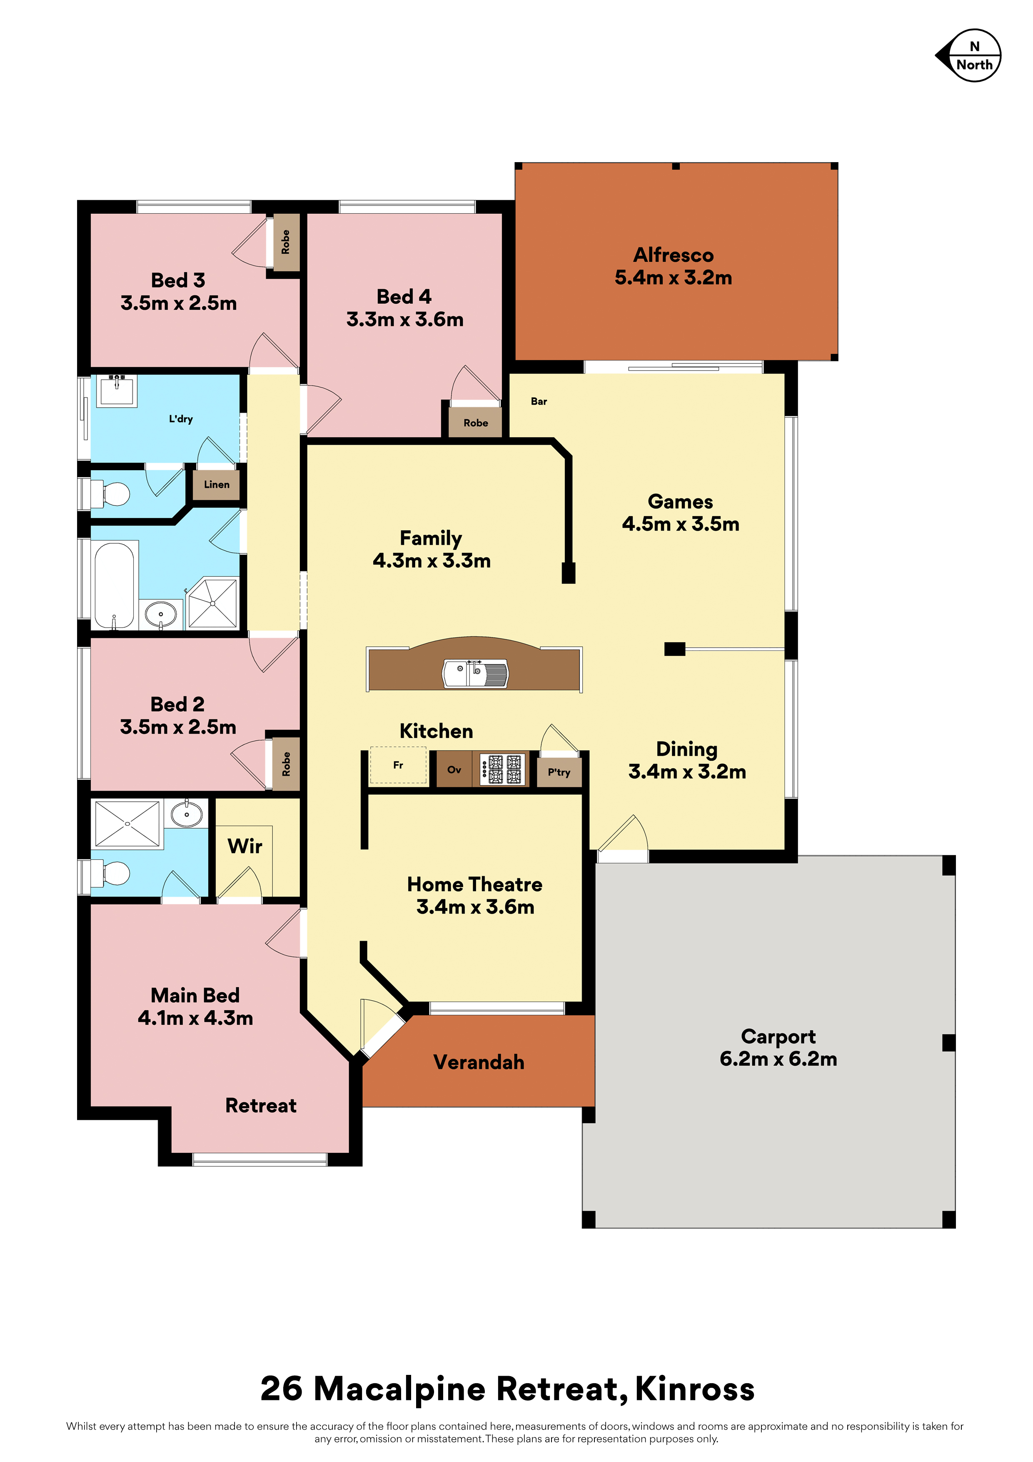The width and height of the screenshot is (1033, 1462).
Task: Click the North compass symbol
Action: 969,55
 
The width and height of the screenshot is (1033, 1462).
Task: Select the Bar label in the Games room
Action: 539,401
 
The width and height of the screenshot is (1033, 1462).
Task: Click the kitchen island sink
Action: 475,673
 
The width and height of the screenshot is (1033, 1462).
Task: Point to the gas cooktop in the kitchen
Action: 503,769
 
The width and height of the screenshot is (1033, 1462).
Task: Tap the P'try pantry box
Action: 559,772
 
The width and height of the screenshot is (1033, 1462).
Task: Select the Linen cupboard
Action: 217,485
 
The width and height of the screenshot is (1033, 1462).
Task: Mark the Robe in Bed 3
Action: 286,242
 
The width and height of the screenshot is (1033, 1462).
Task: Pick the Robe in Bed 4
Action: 475,423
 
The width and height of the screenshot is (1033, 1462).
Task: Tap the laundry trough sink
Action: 117,391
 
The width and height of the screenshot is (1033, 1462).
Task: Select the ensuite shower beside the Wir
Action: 127,824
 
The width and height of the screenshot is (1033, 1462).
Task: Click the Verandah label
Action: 479,1062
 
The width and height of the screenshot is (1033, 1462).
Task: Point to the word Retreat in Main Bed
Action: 261,1105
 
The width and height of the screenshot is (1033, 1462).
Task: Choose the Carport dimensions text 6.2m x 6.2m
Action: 778,1059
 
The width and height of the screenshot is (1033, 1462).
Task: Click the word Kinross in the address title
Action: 695,1389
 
